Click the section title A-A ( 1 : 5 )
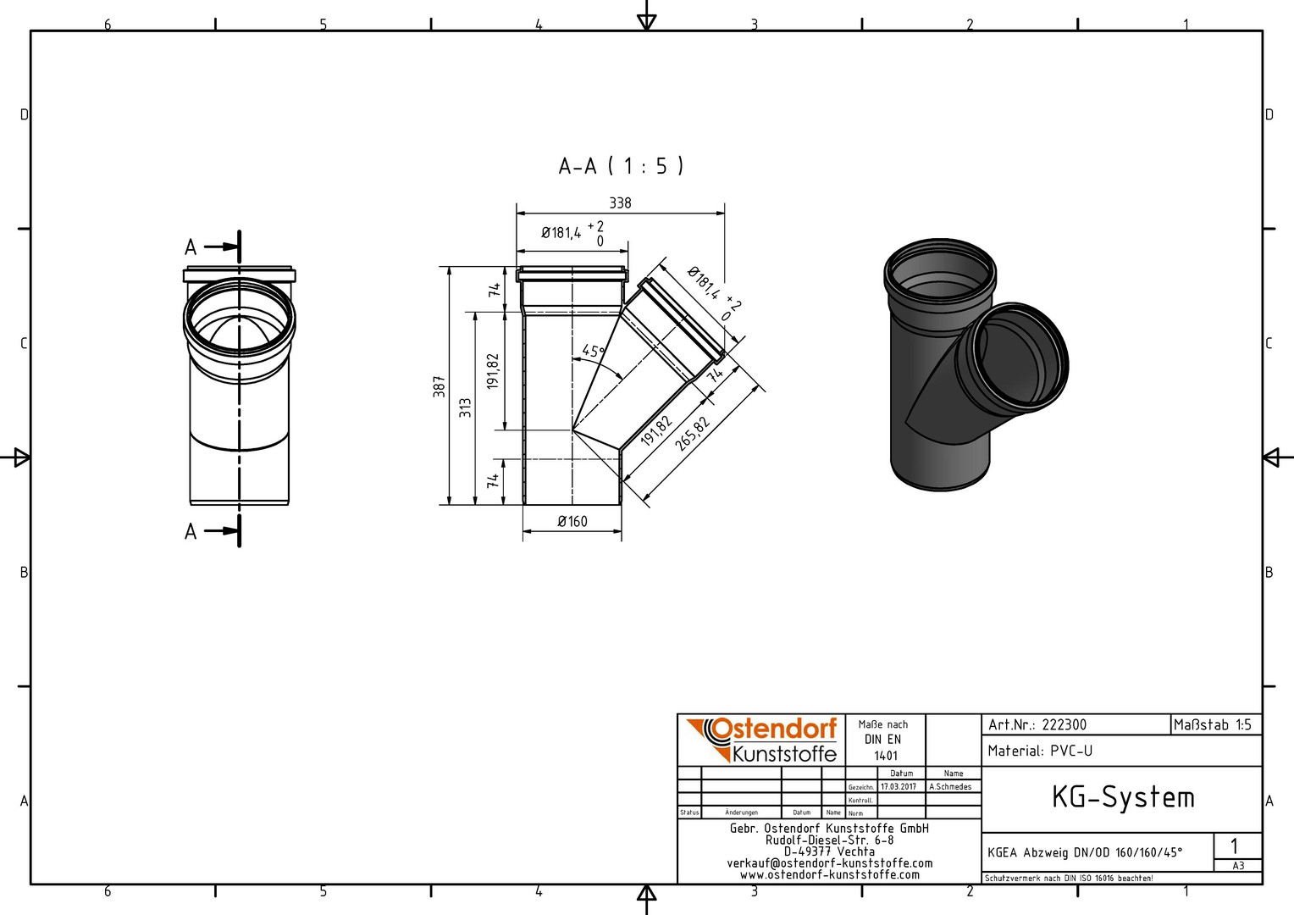coord(621,166)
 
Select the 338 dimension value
coord(621,202)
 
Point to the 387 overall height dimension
coord(439,386)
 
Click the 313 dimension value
coord(465,408)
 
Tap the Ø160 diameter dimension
coord(572,521)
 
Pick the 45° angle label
coord(594,351)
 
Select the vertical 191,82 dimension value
coord(493,371)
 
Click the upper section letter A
coord(191,247)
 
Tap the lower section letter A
coord(191,531)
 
